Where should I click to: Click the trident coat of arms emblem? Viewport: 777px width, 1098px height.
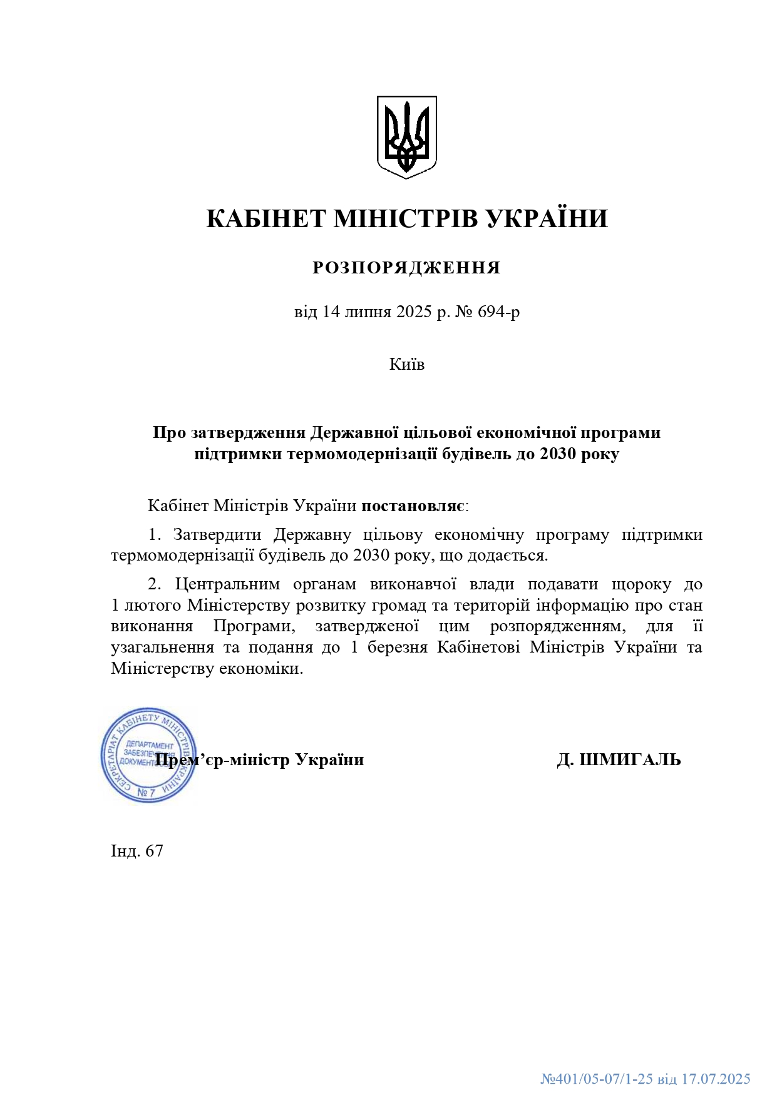pos(406,136)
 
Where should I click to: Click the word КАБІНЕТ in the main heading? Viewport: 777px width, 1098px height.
pos(266,219)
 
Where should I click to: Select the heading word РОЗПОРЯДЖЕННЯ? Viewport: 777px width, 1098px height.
pos(406,268)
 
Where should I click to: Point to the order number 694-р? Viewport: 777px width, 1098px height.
pos(498,312)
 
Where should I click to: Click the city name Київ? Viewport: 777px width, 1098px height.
pos(406,364)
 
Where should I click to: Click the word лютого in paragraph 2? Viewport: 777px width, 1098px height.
pos(153,606)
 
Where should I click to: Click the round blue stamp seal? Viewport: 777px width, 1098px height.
pos(148,755)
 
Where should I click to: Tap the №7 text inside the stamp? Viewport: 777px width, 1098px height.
pos(146,792)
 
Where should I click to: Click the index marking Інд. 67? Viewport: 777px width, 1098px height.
pos(136,851)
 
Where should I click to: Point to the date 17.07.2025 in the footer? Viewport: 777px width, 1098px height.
pos(716,1079)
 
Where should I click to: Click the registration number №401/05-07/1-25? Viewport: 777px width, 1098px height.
pos(597,1079)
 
